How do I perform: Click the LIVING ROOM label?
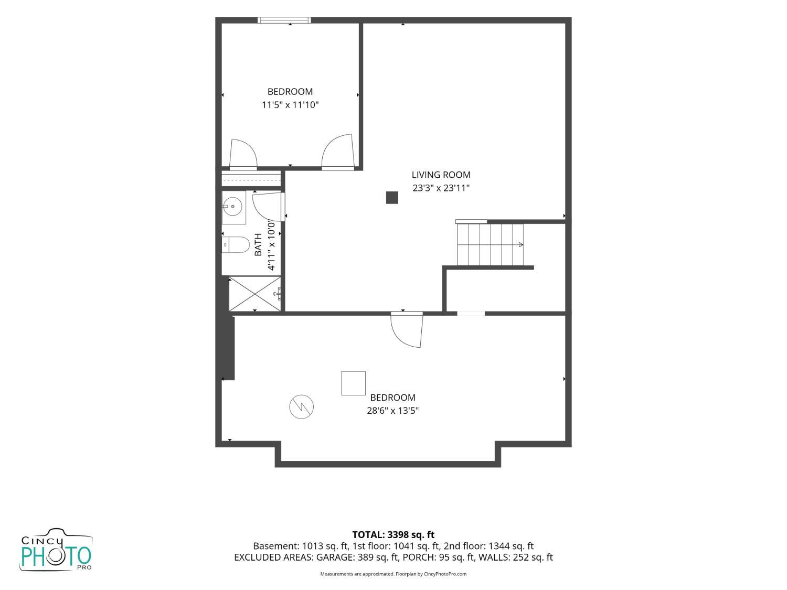click(441, 175)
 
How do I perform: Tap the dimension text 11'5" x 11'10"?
click(290, 105)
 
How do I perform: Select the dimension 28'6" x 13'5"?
click(392, 411)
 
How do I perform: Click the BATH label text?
click(258, 244)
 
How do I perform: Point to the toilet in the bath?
click(236, 245)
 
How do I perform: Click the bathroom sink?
click(233, 207)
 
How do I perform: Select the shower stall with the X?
click(255, 294)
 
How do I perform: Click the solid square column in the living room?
click(392, 198)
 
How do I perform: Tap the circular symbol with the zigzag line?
click(302, 406)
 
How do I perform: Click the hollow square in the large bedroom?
click(353, 383)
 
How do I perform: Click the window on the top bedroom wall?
click(284, 20)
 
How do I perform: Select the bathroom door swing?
click(268, 207)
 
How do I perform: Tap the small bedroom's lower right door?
click(338, 152)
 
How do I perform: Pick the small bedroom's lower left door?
click(243, 154)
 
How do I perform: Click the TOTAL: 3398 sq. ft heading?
click(393, 535)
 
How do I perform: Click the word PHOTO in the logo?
click(56, 556)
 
